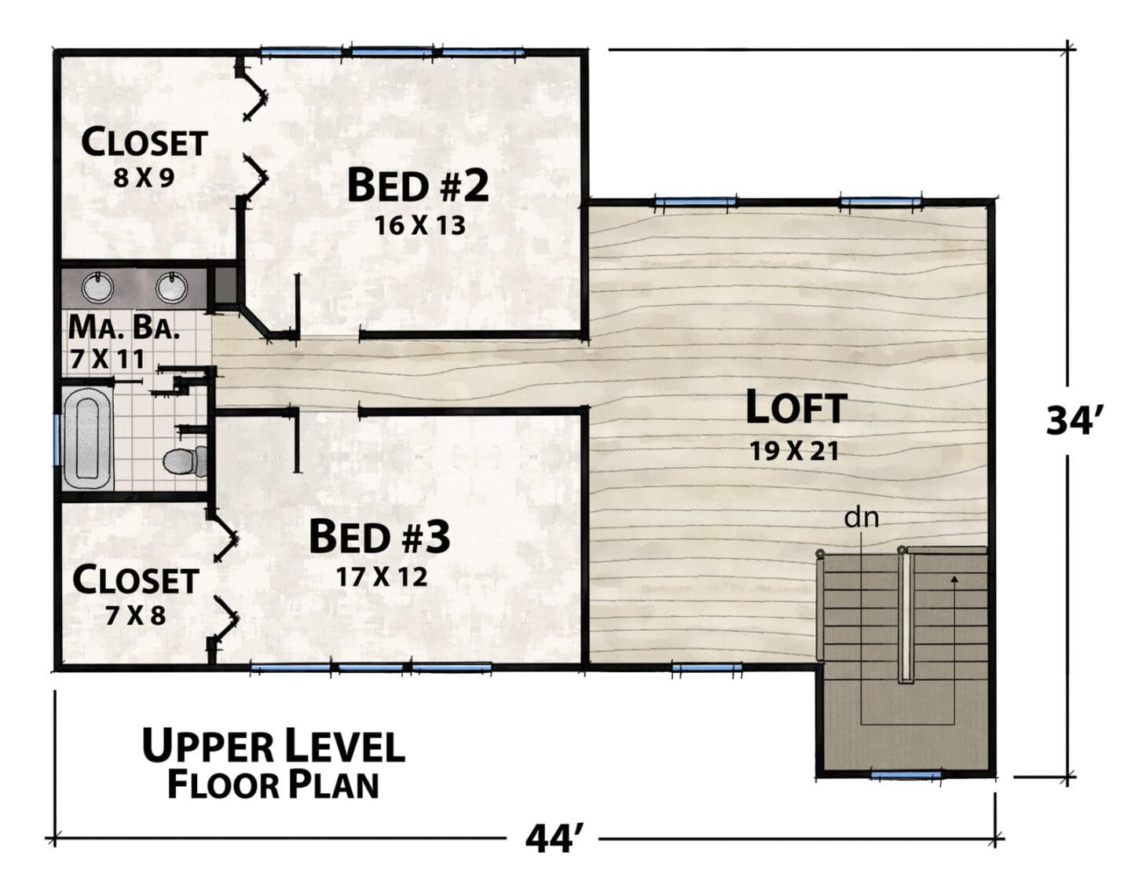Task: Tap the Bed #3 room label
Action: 379,536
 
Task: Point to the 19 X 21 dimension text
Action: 794,451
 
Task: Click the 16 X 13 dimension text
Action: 420,226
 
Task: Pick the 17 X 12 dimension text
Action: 382,577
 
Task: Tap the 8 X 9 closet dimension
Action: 144,178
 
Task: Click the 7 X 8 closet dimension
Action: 136,616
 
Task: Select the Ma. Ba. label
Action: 124,328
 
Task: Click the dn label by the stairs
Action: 862,518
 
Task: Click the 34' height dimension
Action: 1071,421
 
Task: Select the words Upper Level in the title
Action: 273,746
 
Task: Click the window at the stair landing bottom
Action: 906,775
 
